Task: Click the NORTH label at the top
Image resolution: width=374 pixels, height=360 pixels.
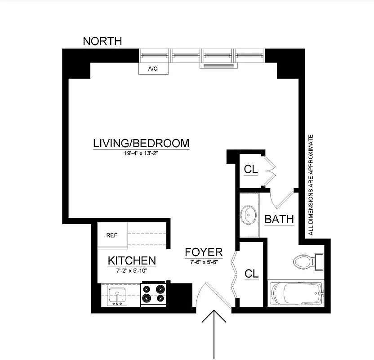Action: click(102, 41)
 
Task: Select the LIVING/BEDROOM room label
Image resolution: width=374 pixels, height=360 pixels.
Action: click(141, 144)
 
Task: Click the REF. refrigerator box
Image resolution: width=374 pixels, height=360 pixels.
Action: click(112, 235)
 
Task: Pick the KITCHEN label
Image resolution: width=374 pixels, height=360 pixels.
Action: click(132, 261)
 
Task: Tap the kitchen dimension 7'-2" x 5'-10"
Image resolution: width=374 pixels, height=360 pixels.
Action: click(132, 270)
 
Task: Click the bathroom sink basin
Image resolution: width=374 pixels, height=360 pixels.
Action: click(248, 215)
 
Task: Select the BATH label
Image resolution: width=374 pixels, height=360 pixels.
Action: click(279, 220)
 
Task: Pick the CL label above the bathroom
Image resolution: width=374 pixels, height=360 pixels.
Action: click(250, 169)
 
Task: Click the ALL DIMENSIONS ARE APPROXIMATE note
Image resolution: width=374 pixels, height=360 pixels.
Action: click(310, 184)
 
